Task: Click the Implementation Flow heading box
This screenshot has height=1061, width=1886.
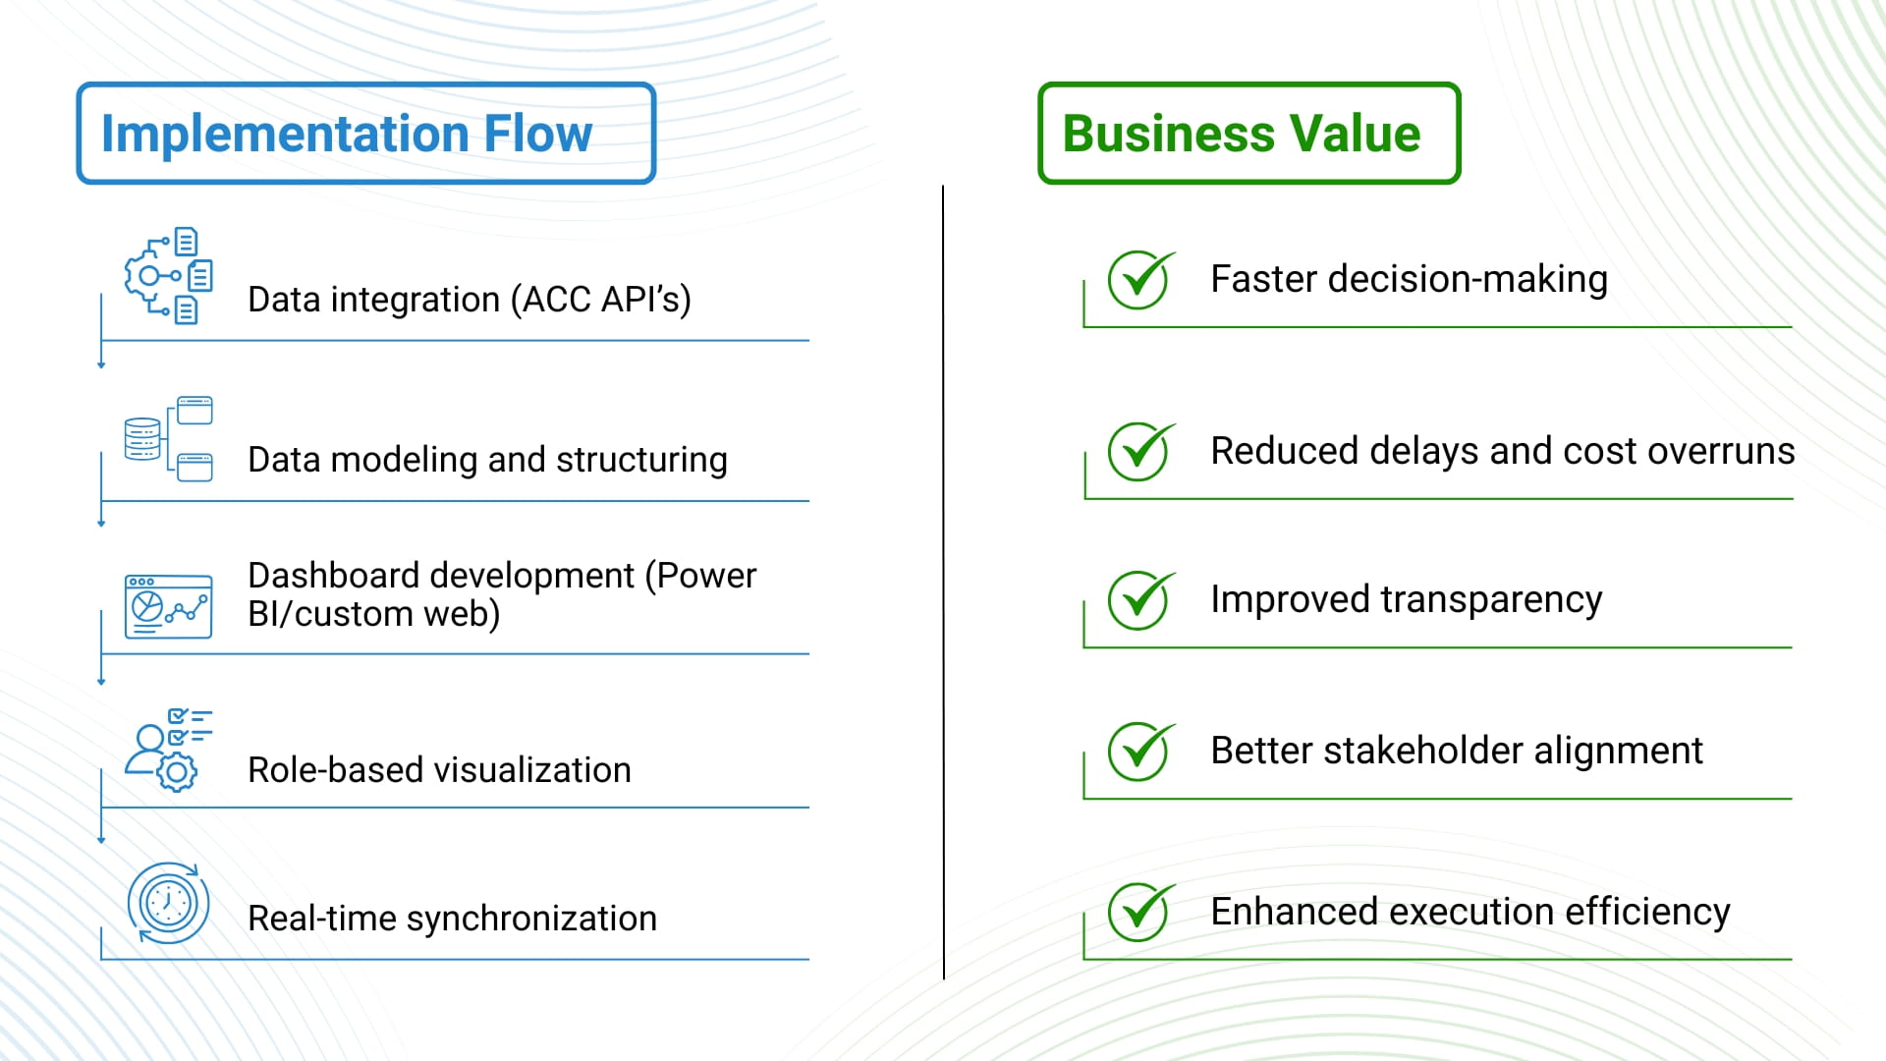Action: point(365,133)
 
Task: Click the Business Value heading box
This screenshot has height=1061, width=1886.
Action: point(1248,133)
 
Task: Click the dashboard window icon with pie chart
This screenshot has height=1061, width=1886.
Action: point(168,606)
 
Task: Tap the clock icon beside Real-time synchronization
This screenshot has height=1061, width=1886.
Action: point(168,903)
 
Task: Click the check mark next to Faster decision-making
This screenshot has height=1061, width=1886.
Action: point(1139,280)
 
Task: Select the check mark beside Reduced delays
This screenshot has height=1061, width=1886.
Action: point(1139,452)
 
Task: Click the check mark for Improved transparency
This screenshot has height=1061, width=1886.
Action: point(1139,600)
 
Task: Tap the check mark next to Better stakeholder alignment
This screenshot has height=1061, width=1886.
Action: point(1139,752)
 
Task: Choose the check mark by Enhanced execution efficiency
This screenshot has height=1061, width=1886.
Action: point(1139,912)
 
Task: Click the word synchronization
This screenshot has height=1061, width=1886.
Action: point(531,919)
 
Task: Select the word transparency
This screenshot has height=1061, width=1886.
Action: point(1490,599)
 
